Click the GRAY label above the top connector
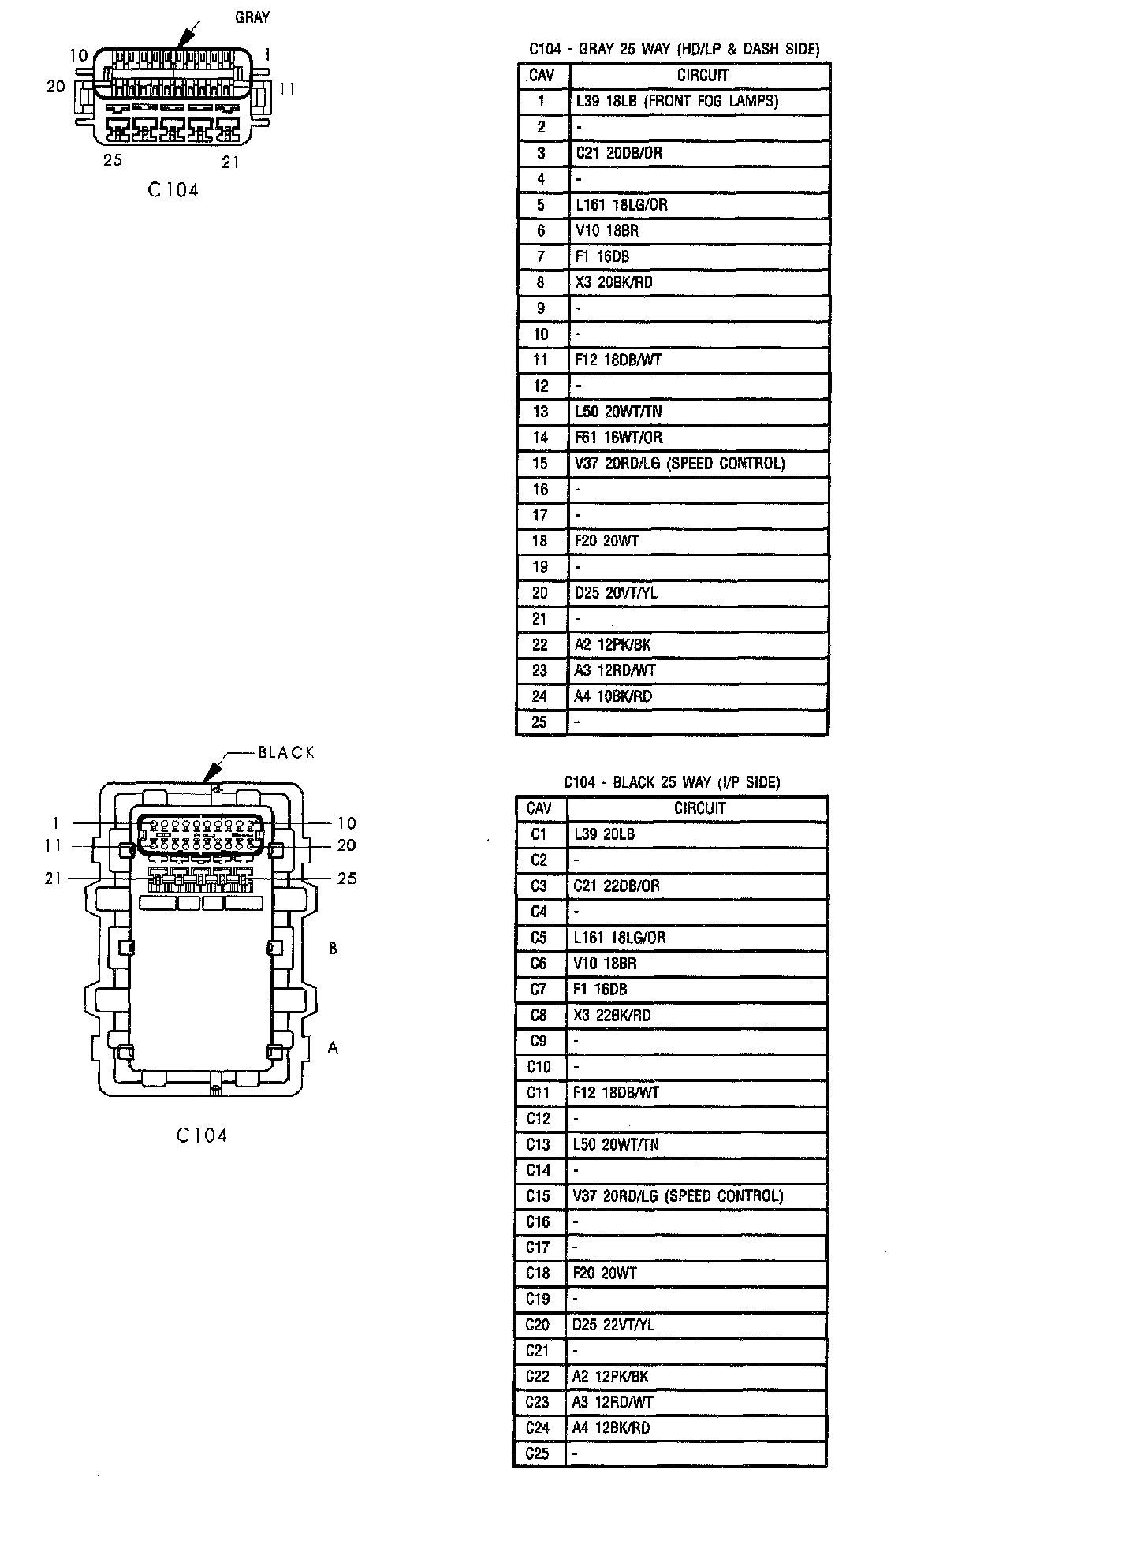[252, 17]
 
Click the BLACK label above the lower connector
[286, 753]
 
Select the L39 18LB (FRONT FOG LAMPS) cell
[699, 101]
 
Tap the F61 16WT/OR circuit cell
[699, 438]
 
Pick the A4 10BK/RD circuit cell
[699, 696]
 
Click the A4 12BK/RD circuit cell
[697, 1427]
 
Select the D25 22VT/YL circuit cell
[697, 1325]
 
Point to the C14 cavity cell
[539, 1170]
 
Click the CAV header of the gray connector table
[542, 76]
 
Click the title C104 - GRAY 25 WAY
[674, 49]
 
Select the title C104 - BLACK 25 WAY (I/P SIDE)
[672, 782]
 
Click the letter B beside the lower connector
[333, 949]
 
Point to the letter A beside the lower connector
[333, 1048]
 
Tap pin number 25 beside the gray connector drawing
[113, 160]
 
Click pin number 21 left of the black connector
[53, 878]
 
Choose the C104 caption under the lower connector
[201, 1136]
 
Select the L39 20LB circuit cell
[697, 834]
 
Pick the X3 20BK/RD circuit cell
[699, 282]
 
